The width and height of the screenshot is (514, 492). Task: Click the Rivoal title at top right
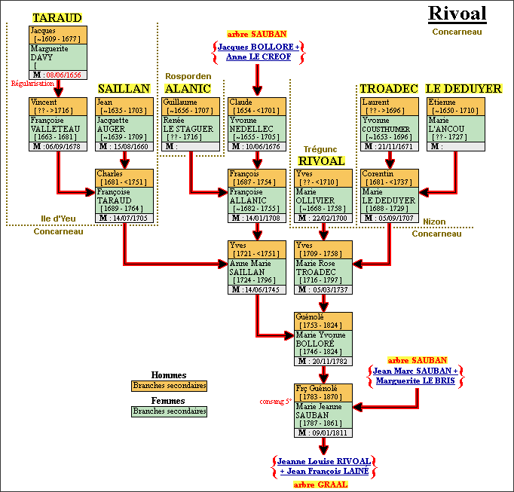click(457, 14)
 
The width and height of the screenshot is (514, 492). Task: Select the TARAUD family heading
click(57, 17)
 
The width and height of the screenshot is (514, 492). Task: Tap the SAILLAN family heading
click(124, 88)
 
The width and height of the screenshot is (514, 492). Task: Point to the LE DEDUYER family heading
click(464, 88)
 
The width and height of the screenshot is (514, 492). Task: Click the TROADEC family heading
click(388, 88)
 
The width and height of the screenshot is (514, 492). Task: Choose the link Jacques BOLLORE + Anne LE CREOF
click(258, 51)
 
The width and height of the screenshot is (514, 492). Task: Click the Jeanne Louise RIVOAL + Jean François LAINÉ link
click(323, 466)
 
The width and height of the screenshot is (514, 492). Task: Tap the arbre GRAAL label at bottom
click(320, 484)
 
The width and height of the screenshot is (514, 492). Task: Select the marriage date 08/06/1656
click(65, 75)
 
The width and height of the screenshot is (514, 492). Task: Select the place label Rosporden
click(188, 76)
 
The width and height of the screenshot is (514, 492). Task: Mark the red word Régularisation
click(29, 84)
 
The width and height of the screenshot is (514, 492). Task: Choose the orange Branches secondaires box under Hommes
click(169, 386)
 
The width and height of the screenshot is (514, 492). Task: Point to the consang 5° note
click(275, 401)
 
